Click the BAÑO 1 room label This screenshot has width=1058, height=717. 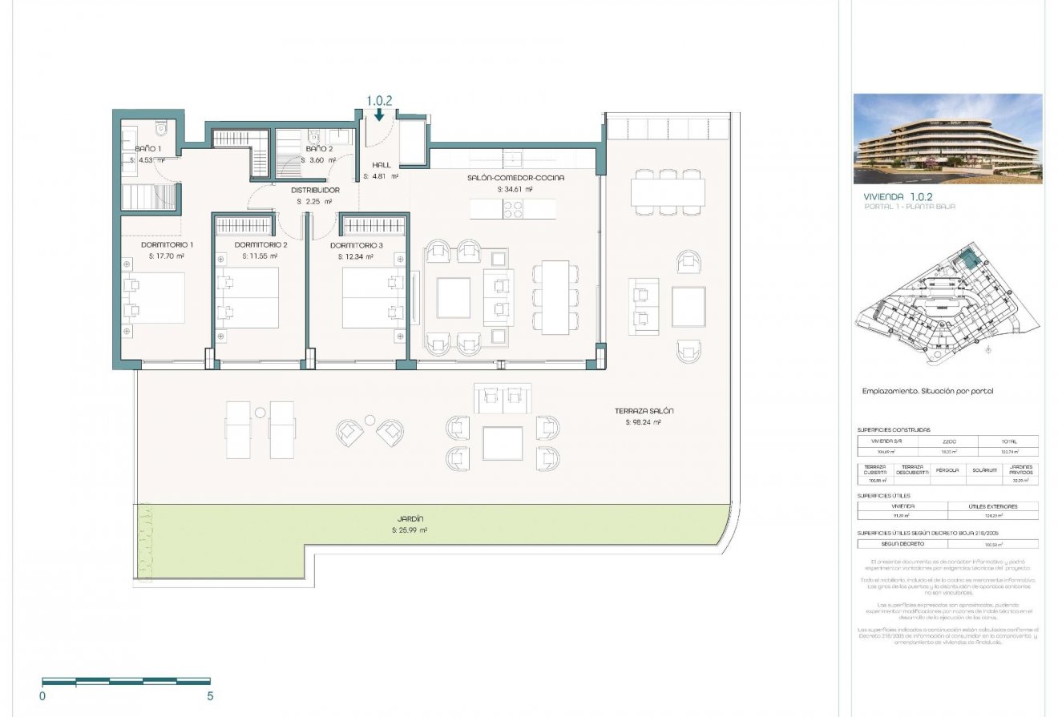point(148,149)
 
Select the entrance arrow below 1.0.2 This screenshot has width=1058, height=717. point(379,116)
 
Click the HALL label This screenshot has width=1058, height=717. point(382,165)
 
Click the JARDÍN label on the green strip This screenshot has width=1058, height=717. point(409,518)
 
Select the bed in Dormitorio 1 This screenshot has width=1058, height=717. point(154,298)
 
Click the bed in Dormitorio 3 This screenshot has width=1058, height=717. point(373,298)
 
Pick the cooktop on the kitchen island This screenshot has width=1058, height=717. point(513,208)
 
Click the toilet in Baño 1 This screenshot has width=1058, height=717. point(161,128)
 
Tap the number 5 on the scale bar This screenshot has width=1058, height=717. point(210,696)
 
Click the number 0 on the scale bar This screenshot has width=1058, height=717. point(42,696)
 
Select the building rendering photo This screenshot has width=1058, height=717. point(947,139)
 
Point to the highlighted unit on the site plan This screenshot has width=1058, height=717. point(968,259)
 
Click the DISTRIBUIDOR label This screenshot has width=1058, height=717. point(315,190)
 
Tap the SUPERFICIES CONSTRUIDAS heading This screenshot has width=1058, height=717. point(894,430)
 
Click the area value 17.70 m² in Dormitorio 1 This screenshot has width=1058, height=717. point(166,256)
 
